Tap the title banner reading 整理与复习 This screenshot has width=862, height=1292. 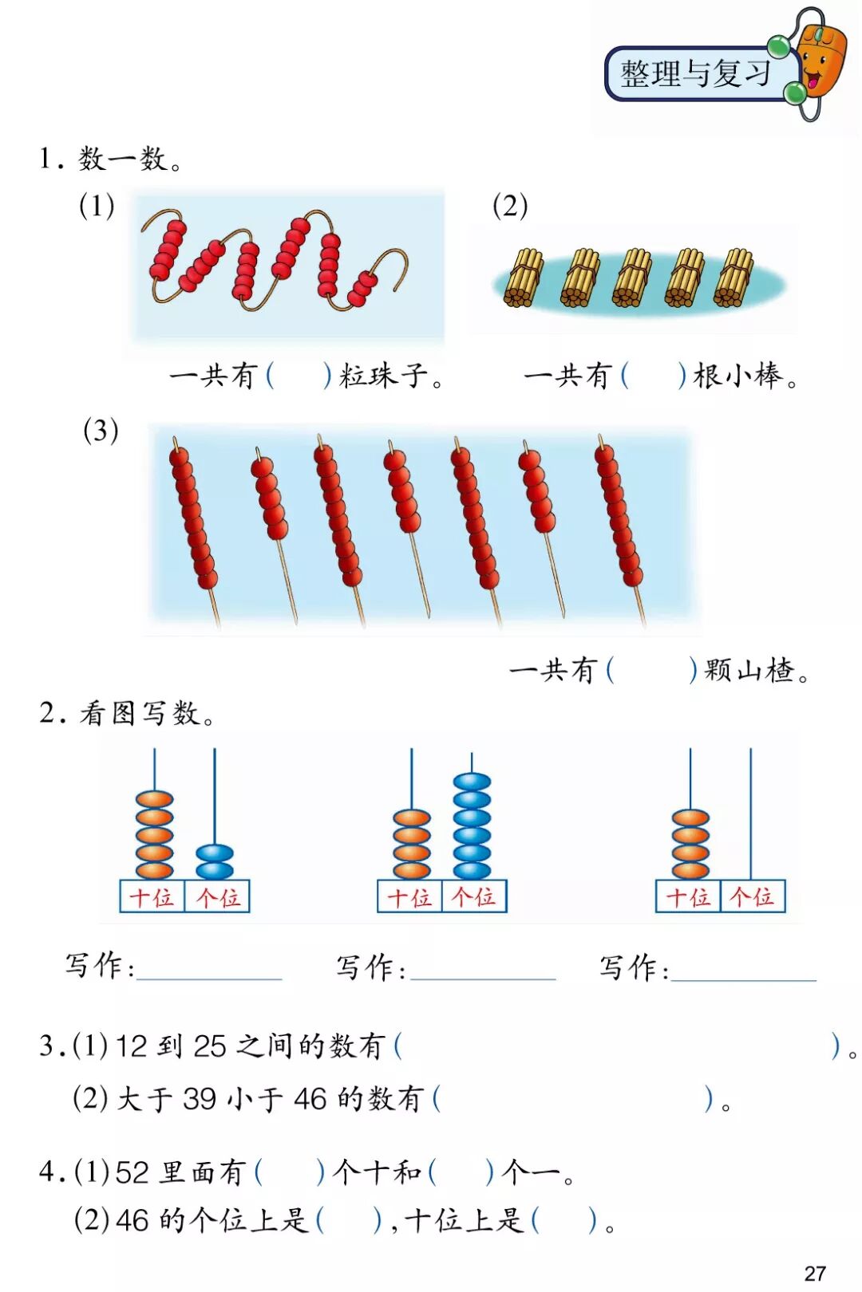pos(696,73)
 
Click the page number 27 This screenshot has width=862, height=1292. pos(815,1273)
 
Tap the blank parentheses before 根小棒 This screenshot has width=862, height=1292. pos(653,375)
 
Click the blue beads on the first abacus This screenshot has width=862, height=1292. pos(215,861)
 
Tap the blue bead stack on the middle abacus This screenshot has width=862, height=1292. pos(472,825)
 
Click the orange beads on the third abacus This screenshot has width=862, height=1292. pos(690,844)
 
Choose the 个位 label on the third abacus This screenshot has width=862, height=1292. pos(753,897)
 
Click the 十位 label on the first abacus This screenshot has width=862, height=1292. pos(152,897)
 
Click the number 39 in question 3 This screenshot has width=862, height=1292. pos(199,1099)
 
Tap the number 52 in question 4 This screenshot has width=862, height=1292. pos(132,1172)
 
